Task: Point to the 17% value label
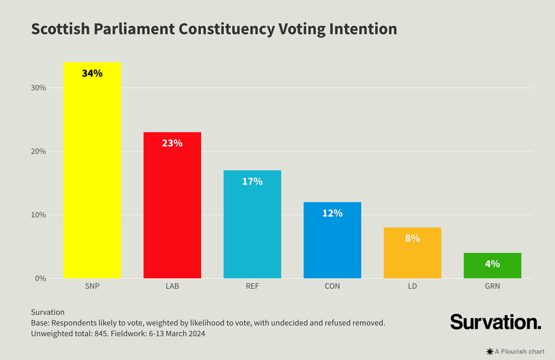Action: (x=252, y=181)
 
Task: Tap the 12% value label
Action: (x=332, y=213)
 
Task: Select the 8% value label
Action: (x=412, y=238)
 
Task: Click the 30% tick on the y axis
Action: (x=39, y=88)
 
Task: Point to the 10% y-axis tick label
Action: (x=39, y=215)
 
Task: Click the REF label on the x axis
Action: (x=252, y=286)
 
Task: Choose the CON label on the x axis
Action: (x=332, y=286)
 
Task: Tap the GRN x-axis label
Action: (x=492, y=286)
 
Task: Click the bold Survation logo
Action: (x=496, y=322)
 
